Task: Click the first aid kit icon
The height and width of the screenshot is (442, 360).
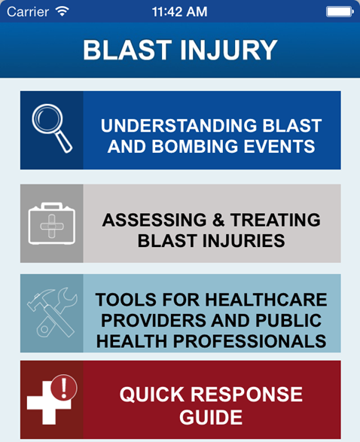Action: [51, 223]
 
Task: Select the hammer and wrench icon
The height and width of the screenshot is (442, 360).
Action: [51, 312]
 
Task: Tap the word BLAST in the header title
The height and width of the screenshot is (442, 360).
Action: [123, 50]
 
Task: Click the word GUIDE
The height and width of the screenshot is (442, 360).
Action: [211, 416]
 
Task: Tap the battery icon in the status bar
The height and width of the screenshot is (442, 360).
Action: [340, 12]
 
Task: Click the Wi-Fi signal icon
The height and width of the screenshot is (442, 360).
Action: [62, 12]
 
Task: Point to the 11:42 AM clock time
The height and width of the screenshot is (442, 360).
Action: [180, 12]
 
